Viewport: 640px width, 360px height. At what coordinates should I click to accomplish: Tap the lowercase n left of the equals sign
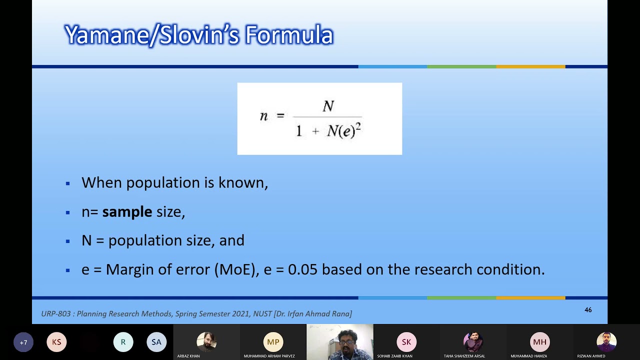(x=263, y=116)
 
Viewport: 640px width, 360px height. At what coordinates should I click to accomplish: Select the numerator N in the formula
(x=328, y=106)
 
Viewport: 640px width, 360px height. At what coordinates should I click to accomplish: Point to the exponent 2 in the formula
(x=358, y=126)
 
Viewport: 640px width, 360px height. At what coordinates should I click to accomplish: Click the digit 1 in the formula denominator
(x=299, y=131)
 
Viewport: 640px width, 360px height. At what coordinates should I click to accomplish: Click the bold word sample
(x=127, y=211)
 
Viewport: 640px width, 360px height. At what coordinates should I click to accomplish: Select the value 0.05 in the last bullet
(x=302, y=269)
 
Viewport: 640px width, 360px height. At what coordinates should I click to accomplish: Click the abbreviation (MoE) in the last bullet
(x=235, y=269)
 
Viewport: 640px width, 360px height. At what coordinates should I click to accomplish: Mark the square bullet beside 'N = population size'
(x=68, y=241)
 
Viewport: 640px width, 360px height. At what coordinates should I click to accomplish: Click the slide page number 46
(x=588, y=310)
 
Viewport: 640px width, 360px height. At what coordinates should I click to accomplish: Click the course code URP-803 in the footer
(x=57, y=314)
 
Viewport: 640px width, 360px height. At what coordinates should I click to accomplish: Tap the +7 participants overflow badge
(x=23, y=342)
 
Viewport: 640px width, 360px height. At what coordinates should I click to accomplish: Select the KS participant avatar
(x=56, y=342)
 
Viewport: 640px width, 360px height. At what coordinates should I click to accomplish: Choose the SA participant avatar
(x=156, y=342)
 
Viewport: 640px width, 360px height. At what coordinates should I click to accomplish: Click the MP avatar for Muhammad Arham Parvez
(x=273, y=342)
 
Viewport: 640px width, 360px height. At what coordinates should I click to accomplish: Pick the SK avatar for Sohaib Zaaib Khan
(x=406, y=342)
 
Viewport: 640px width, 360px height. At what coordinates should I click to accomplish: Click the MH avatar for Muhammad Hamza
(x=539, y=342)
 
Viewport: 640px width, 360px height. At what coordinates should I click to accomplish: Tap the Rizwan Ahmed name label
(x=591, y=356)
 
